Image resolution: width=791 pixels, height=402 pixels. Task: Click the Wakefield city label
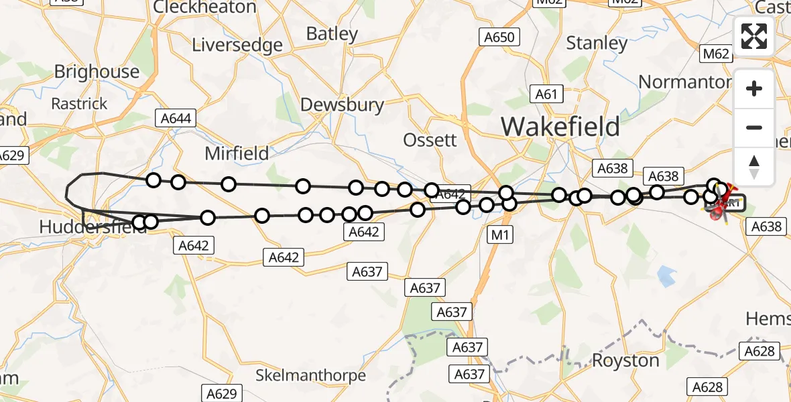tap(560, 126)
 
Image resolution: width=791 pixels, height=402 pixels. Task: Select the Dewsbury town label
tap(342, 105)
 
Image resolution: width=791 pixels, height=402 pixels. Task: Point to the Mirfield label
tap(237, 153)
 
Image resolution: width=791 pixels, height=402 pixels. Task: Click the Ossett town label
tap(430, 140)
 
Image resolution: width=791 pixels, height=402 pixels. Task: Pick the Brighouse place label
tap(97, 72)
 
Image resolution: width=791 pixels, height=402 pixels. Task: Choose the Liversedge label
tap(237, 45)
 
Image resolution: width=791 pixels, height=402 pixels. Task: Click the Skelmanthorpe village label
tap(310, 375)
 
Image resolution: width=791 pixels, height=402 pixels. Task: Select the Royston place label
tap(625, 360)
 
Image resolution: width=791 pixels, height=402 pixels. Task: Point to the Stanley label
tap(597, 44)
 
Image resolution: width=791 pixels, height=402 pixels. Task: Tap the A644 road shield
tap(176, 119)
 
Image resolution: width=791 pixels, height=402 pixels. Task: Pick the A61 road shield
tap(546, 94)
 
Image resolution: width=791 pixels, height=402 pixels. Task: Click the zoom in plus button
tap(754, 88)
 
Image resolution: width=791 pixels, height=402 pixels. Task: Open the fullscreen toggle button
tap(754, 36)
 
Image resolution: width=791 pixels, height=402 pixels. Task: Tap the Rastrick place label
tap(79, 104)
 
